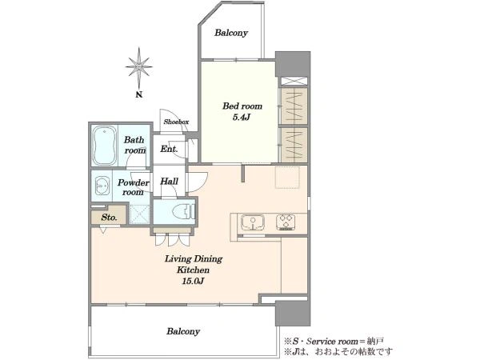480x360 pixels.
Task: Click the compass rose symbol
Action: pyautogui.click(x=138, y=66)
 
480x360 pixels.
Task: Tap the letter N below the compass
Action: pyautogui.click(x=139, y=94)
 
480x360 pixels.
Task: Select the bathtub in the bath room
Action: pyautogui.click(x=105, y=146)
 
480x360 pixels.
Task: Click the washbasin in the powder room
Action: pyautogui.click(x=102, y=186)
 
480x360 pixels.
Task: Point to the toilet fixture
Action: pyautogui.click(x=183, y=211)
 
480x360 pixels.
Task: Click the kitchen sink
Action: pyautogui.click(x=253, y=222)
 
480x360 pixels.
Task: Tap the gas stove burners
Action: pyautogui.click(x=286, y=222)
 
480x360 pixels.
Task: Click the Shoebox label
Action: pyautogui.click(x=176, y=122)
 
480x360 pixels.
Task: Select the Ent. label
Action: pyautogui.click(x=169, y=149)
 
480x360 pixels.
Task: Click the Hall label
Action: pyautogui.click(x=170, y=182)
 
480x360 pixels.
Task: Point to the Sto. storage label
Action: pyautogui.click(x=109, y=218)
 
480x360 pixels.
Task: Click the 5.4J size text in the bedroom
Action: pyautogui.click(x=242, y=117)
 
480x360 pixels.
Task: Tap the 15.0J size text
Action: pyautogui.click(x=193, y=281)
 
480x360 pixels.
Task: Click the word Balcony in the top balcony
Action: pyautogui.click(x=231, y=33)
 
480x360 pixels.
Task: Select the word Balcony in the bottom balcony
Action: pyautogui.click(x=183, y=331)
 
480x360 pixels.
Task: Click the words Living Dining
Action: pyautogui.click(x=194, y=259)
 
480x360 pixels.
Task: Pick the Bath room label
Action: pyautogui.click(x=134, y=145)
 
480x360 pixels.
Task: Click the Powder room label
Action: pyautogui.click(x=133, y=187)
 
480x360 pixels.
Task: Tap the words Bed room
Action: pyautogui.click(x=242, y=106)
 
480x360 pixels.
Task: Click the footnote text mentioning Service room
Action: pyautogui.click(x=334, y=341)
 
